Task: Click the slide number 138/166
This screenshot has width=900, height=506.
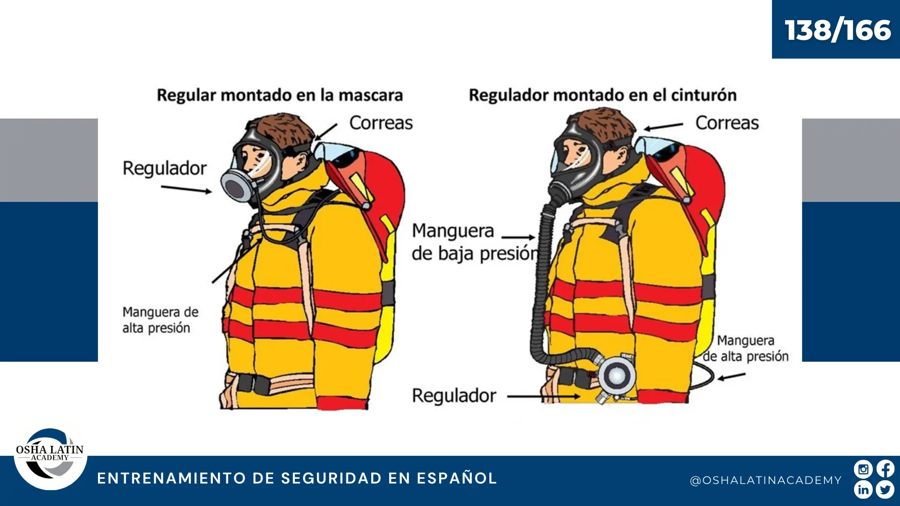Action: click(838, 30)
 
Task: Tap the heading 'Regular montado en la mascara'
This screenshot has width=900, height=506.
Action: click(280, 95)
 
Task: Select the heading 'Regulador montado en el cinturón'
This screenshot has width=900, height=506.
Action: click(603, 95)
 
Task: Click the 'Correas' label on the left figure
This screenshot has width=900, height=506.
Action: click(381, 123)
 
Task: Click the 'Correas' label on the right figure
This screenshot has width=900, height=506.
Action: click(727, 123)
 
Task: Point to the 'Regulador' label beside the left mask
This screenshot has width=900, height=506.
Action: click(165, 168)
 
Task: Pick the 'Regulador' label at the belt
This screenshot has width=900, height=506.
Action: click(454, 396)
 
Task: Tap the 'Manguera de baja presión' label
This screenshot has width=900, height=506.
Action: click(475, 242)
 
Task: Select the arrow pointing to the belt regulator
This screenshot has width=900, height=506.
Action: click(544, 396)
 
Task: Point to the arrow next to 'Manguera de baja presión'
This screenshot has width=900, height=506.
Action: click(518, 238)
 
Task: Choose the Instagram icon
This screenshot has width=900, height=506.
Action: click(863, 469)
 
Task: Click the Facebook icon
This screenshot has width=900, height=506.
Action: click(885, 469)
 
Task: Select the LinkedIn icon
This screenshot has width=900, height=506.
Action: click(863, 490)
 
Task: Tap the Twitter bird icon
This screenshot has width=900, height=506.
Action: click(885, 490)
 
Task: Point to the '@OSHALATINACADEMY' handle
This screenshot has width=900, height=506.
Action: click(766, 480)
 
